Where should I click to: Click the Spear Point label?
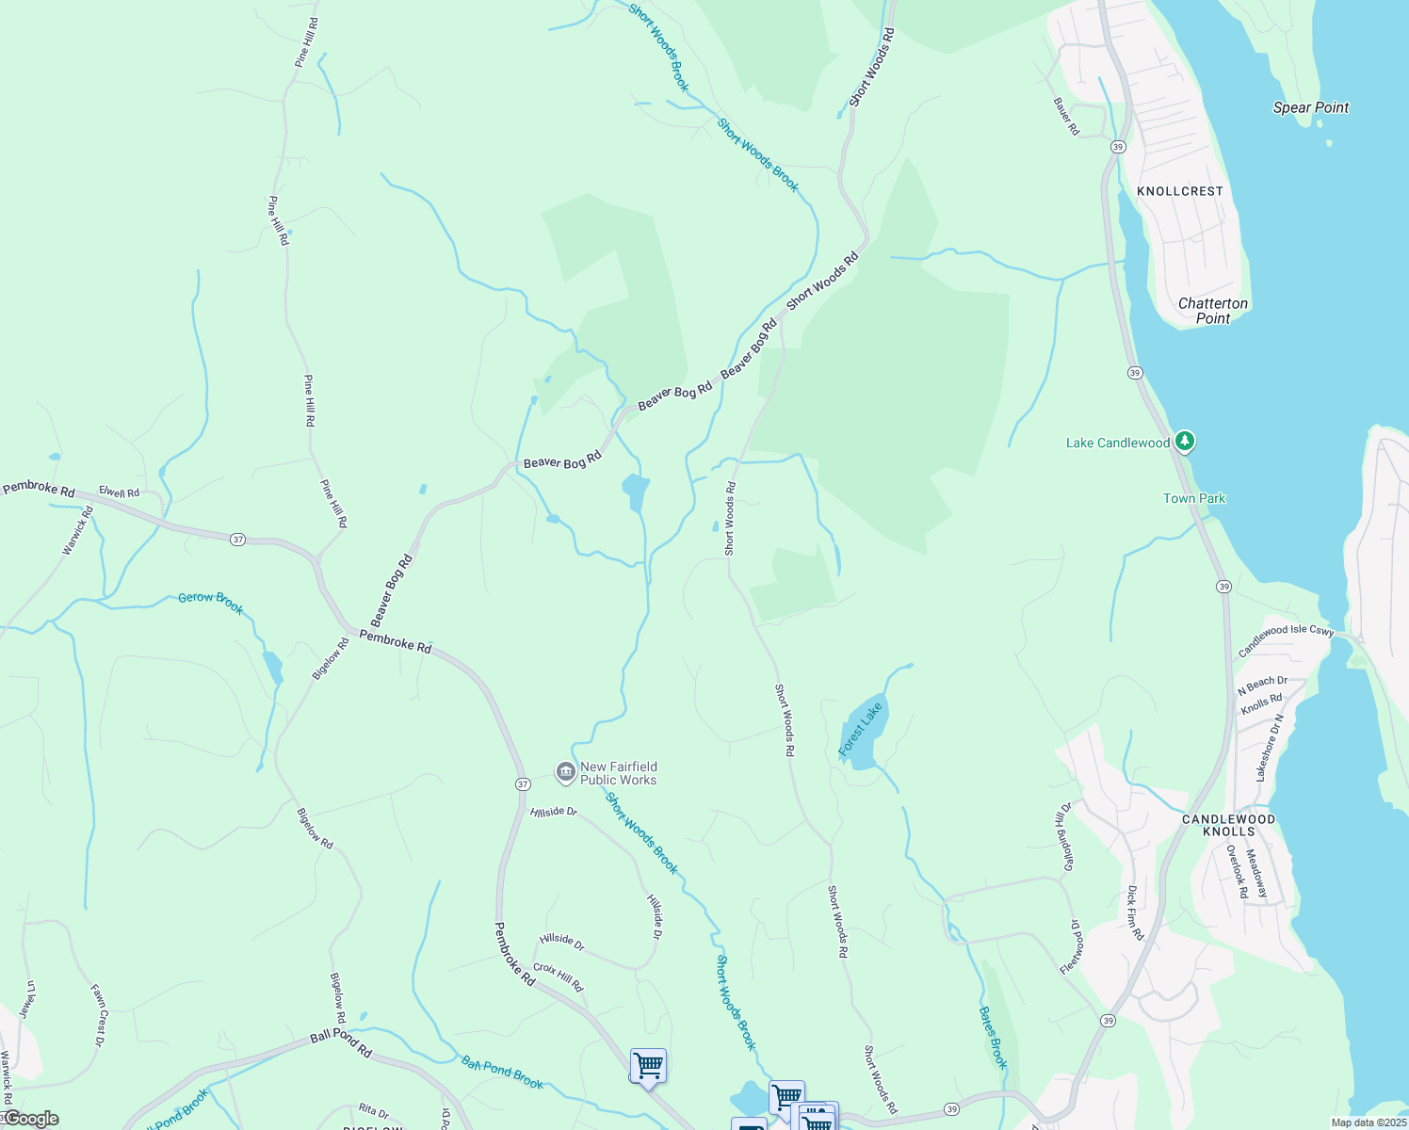pos(1310,107)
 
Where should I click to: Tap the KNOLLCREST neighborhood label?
pos(1179,191)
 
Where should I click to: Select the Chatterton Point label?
pos(1213,311)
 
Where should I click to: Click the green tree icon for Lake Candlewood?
pos(1185,442)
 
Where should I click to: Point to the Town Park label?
pos(1194,498)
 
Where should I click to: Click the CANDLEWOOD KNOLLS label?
pos(1229,825)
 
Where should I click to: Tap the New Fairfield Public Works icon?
pos(565,773)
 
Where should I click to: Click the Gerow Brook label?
pos(211,603)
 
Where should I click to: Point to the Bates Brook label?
pos(994,1037)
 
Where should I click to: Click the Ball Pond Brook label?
pos(502,1073)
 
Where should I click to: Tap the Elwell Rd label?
pos(119,492)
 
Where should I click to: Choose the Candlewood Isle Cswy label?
pos(1286,640)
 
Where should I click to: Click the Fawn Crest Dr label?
pos(98,1015)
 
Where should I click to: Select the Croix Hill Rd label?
pos(559,977)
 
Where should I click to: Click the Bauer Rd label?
pos(1066,116)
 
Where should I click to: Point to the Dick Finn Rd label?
pos(1135,912)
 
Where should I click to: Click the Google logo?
pos(30,1119)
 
